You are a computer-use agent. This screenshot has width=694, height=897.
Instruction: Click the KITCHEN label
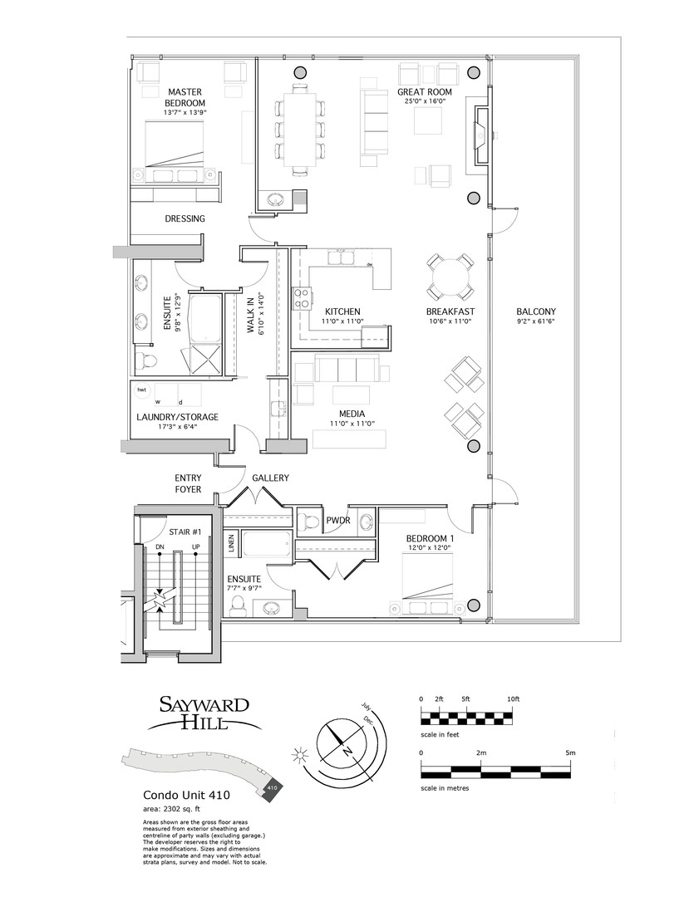point(342,311)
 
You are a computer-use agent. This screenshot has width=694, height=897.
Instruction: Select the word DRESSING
point(185,219)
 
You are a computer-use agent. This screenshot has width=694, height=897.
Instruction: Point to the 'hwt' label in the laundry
point(142,390)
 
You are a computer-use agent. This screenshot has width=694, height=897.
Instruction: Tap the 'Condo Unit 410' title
point(178,794)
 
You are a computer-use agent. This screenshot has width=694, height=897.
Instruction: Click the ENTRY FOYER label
point(189,483)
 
